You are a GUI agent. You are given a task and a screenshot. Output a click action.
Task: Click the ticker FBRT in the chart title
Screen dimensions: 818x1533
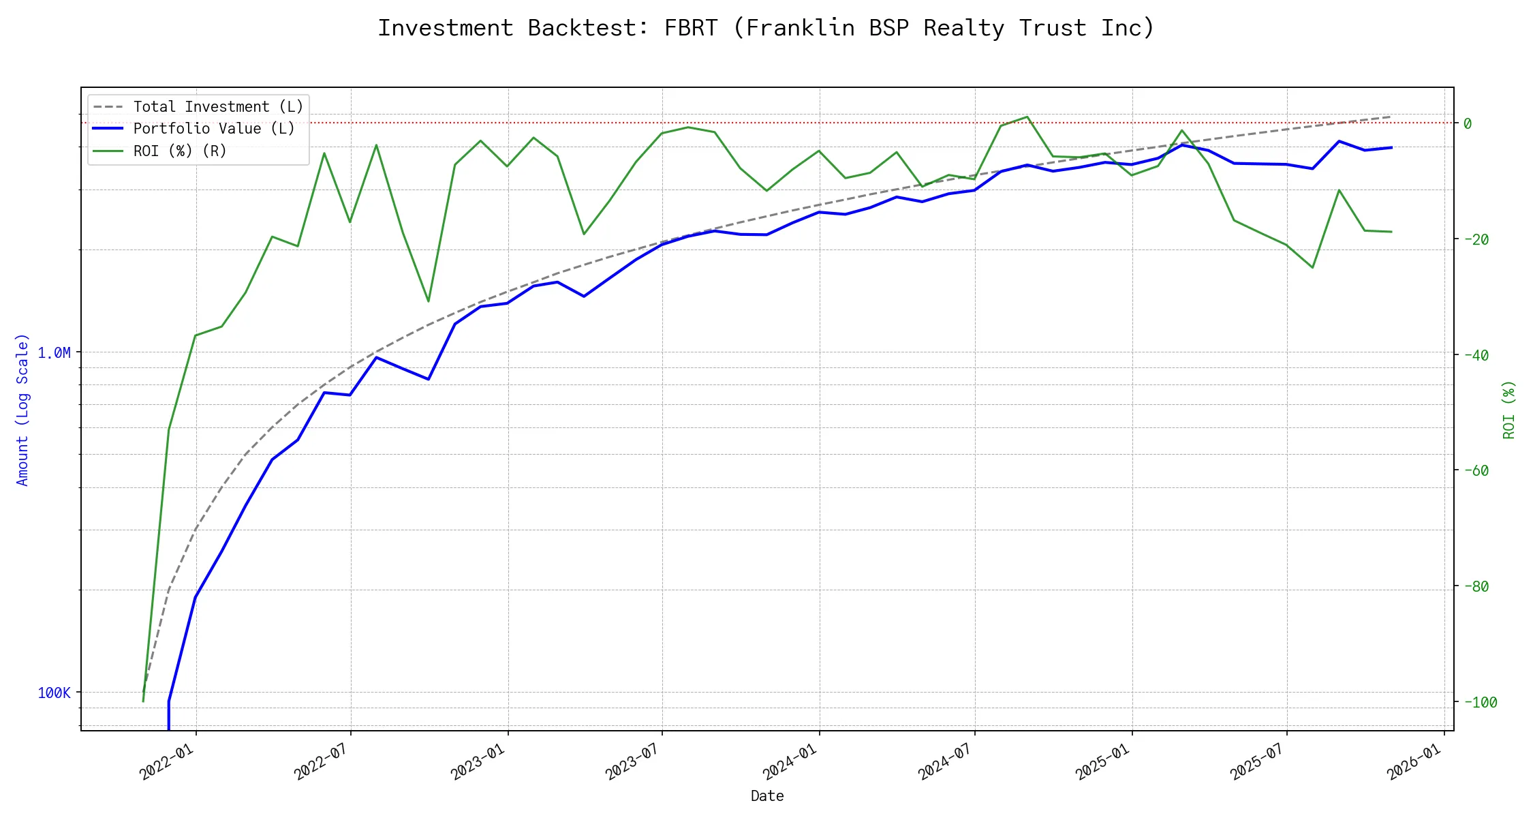coord(690,29)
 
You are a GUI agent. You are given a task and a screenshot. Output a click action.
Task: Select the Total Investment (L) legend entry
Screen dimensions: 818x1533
coord(218,107)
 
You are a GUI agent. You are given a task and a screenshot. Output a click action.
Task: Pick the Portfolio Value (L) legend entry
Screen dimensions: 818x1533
coord(214,129)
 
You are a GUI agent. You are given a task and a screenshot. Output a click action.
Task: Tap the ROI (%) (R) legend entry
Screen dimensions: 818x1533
coord(180,151)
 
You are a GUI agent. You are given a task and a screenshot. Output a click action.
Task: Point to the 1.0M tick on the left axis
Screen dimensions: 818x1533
coord(54,352)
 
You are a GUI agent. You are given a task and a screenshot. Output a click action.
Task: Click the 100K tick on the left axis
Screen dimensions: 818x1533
coord(54,693)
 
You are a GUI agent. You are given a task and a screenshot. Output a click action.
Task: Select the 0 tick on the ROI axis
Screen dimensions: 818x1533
coord(1468,123)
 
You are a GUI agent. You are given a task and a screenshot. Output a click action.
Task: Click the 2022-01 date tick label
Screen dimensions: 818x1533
coord(166,762)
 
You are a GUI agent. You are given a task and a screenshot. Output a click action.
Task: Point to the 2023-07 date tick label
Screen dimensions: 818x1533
coord(632,762)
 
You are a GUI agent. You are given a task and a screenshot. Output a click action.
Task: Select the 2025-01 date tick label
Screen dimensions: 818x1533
coord(1102,762)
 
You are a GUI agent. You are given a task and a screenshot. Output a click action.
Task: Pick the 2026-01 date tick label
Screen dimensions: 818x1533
coord(1414,762)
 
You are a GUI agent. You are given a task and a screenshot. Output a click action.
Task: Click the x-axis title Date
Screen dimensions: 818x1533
coord(767,796)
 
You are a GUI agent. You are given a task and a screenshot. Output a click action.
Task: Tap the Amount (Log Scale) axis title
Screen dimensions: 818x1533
coord(23,409)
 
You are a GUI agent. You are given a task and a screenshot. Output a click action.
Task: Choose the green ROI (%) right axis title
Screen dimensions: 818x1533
coord(1508,409)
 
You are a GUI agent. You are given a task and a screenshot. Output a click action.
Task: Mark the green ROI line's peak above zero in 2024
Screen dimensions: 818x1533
coord(1027,117)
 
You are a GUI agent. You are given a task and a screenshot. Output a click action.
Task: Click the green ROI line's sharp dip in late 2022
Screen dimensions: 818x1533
coord(428,301)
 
